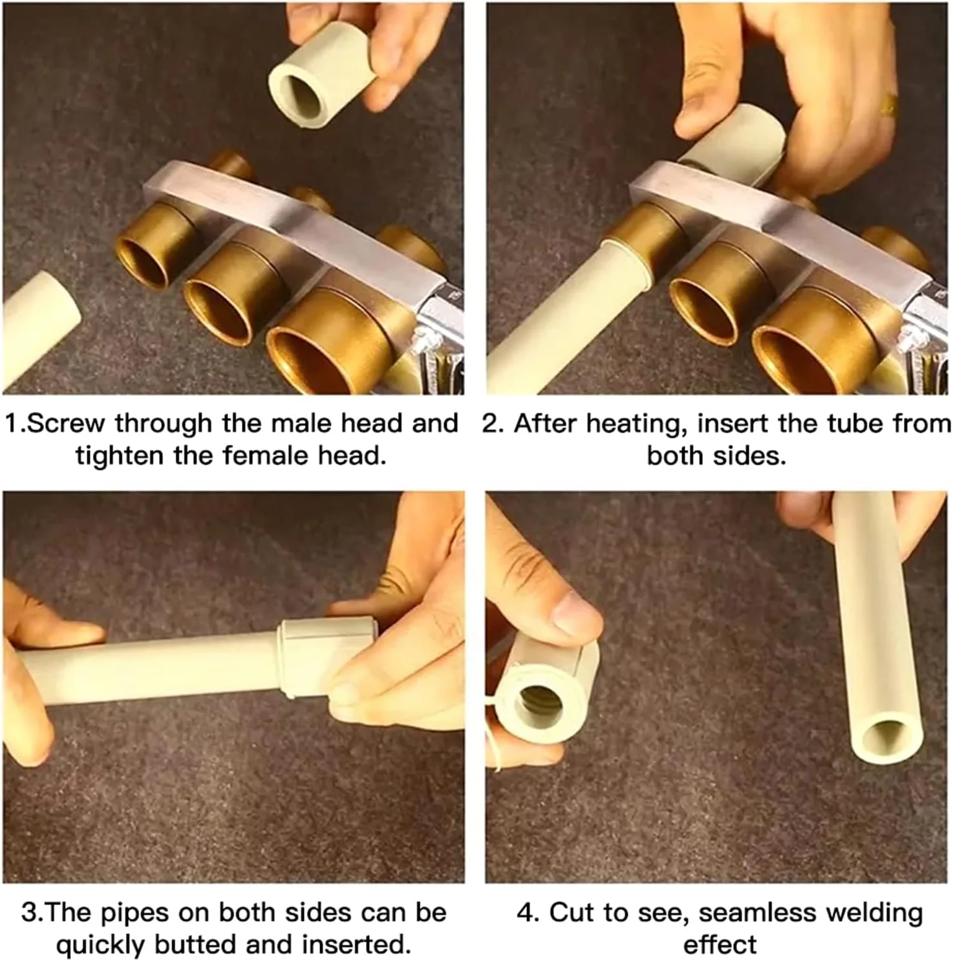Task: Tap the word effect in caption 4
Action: [x=720, y=945]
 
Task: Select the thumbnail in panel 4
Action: [x=577, y=612]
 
